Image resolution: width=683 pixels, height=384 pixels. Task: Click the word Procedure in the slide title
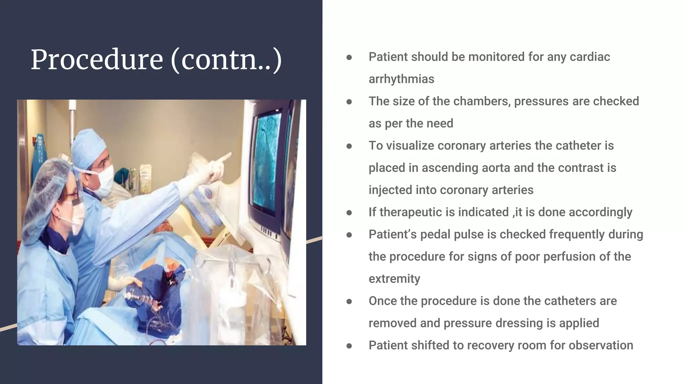tap(97, 60)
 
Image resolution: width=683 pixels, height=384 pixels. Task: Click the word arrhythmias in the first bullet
tap(401, 79)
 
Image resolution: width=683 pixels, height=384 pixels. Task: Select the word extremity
tap(394, 279)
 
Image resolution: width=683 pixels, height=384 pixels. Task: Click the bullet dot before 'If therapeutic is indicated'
tap(349, 213)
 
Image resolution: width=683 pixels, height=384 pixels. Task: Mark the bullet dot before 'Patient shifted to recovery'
tap(349, 346)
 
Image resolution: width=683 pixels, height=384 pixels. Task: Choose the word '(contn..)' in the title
tap(226, 60)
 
